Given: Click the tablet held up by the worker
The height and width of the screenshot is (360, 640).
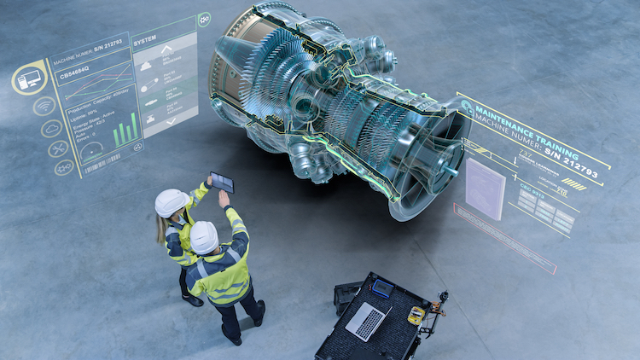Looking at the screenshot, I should pos(222,181).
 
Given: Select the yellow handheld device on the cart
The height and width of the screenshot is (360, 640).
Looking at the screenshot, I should pos(416,314).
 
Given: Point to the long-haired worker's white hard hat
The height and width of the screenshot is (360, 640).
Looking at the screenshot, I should pos(171,203).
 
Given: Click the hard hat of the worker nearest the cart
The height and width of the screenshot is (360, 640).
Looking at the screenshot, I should pos(204,237).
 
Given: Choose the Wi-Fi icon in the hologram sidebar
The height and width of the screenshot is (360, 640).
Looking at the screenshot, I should pos(43,107).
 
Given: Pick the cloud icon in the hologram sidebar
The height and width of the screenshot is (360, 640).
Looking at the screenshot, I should pos(51,128).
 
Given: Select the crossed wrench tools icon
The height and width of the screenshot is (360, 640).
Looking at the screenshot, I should pos(58,148).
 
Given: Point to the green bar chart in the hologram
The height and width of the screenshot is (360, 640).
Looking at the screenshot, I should pos(126,130).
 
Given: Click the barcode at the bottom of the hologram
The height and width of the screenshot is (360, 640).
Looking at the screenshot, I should pos(102,162).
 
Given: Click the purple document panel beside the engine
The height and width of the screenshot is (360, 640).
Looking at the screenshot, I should pos(485,188).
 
